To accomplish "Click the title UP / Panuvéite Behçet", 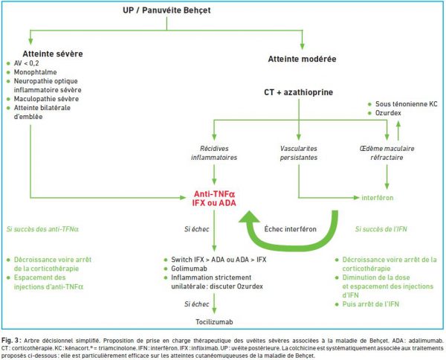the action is point(167,10).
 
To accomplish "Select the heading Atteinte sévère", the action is point(53,54).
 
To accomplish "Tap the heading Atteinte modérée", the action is point(302,59).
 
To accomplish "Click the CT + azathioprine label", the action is point(298,92).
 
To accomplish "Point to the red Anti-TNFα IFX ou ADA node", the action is point(214,199).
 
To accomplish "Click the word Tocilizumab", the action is point(214,322).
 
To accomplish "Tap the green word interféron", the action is point(378,198).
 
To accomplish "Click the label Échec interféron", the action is point(290,229).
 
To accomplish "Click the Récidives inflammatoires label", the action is point(214,152).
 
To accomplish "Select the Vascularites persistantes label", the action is point(299,152).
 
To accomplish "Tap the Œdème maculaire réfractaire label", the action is point(387,152).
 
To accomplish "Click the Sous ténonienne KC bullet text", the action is point(406,104).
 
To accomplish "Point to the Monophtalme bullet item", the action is point(35,72).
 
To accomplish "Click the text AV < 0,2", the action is point(27,63).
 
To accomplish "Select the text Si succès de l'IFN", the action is point(381,229).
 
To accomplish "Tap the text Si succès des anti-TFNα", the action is point(42,229).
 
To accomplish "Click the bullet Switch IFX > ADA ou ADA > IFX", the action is point(219,260).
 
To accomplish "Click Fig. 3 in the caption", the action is point(11,341).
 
